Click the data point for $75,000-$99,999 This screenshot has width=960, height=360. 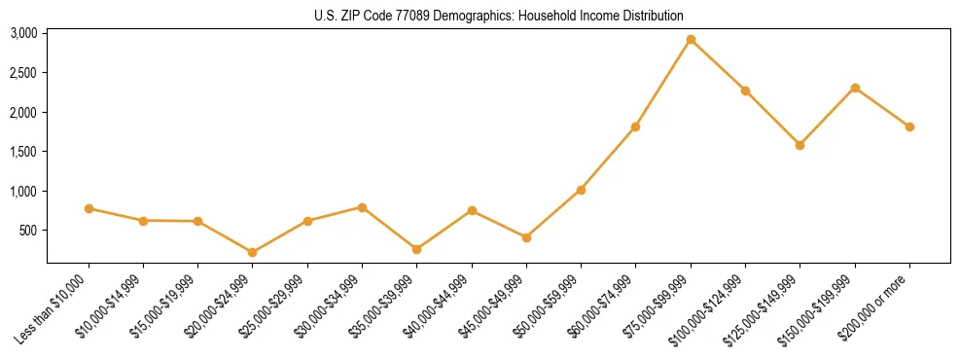pyautogui.click(x=691, y=40)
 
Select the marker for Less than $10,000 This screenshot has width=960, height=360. pyautogui.click(x=89, y=208)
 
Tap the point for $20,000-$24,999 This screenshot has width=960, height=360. pyautogui.click(x=253, y=252)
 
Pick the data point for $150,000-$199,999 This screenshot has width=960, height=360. pyautogui.click(x=855, y=88)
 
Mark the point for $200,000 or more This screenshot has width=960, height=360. pyautogui.click(x=909, y=126)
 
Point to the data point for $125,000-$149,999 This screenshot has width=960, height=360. pyautogui.click(x=800, y=145)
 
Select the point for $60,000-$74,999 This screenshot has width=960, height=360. pyautogui.click(x=635, y=126)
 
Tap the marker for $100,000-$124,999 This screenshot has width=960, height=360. pyautogui.click(x=745, y=90)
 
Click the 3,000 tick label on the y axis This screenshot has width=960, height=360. pyautogui.click(x=23, y=33)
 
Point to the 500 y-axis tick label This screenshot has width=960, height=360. pyautogui.click(x=28, y=231)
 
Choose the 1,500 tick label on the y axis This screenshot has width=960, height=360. pyautogui.click(x=23, y=152)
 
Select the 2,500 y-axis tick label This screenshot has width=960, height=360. pyautogui.click(x=23, y=73)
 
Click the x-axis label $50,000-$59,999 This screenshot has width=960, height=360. pyautogui.click(x=551, y=306)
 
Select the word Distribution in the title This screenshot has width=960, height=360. pyautogui.click(x=648, y=16)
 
